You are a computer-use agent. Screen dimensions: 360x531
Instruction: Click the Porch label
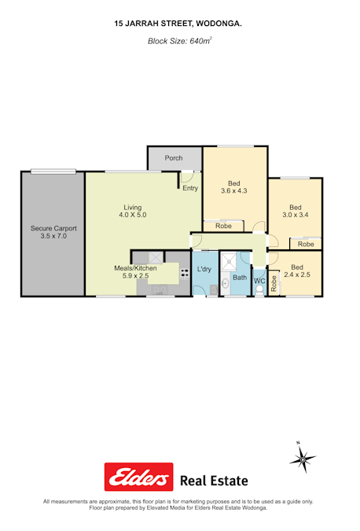pos(174,158)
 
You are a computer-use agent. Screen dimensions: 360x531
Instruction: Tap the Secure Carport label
pos(53,228)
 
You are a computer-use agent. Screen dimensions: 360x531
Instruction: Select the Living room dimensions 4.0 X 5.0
pos(133,215)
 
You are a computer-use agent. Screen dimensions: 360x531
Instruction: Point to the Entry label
pos(190,188)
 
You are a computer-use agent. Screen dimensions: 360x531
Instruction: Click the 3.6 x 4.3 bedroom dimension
pos(234,190)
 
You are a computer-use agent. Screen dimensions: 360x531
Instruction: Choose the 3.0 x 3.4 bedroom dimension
pos(296,215)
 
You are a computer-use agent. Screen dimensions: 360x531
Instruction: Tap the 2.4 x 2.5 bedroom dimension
pos(297,275)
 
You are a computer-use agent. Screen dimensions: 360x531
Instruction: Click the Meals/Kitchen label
pos(135,268)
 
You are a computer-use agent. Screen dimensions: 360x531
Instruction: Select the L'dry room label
pos(204,269)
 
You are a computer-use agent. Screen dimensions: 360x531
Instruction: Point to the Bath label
pos(240,278)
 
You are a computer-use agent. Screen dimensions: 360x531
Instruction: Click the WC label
pos(259,281)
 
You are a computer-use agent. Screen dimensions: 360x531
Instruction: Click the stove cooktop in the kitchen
pos(185,274)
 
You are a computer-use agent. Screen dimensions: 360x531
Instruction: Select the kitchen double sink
pos(159,289)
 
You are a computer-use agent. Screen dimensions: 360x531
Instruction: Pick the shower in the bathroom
pos(229,261)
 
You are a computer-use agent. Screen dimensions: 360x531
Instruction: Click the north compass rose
pos(303,459)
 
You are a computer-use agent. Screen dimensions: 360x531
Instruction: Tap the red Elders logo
pos(138,477)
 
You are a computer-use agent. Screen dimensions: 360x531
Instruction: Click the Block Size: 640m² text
pos(180,41)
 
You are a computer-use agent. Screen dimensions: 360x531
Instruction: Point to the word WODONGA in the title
pos(219,24)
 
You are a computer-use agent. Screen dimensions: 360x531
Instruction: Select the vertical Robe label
pos(274,283)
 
